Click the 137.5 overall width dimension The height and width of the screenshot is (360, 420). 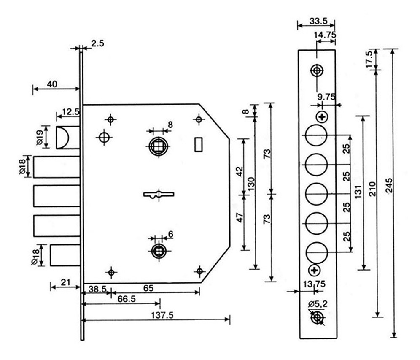click(x=162, y=315)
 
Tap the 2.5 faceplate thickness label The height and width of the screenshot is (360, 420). click(x=97, y=43)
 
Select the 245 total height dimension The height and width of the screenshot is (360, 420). click(x=389, y=185)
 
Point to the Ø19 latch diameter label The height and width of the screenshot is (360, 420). click(x=39, y=137)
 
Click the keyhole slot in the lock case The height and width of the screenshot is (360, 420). click(x=159, y=194)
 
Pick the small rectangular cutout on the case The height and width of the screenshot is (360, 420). click(x=198, y=144)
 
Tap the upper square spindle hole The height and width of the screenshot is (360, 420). click(x=159, y=146)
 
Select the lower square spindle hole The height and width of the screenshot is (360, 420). click(x=159, y=251)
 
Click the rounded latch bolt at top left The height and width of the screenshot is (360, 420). click(x=68, y=138)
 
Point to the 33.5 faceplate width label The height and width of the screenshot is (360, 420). click(x=318, y=21)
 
